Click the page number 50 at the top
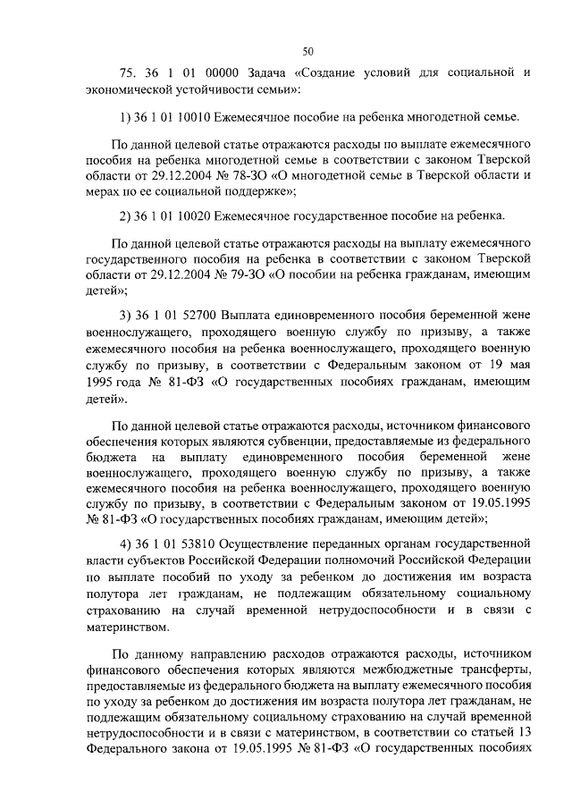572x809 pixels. point(307,51)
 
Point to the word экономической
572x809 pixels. point(122,90)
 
